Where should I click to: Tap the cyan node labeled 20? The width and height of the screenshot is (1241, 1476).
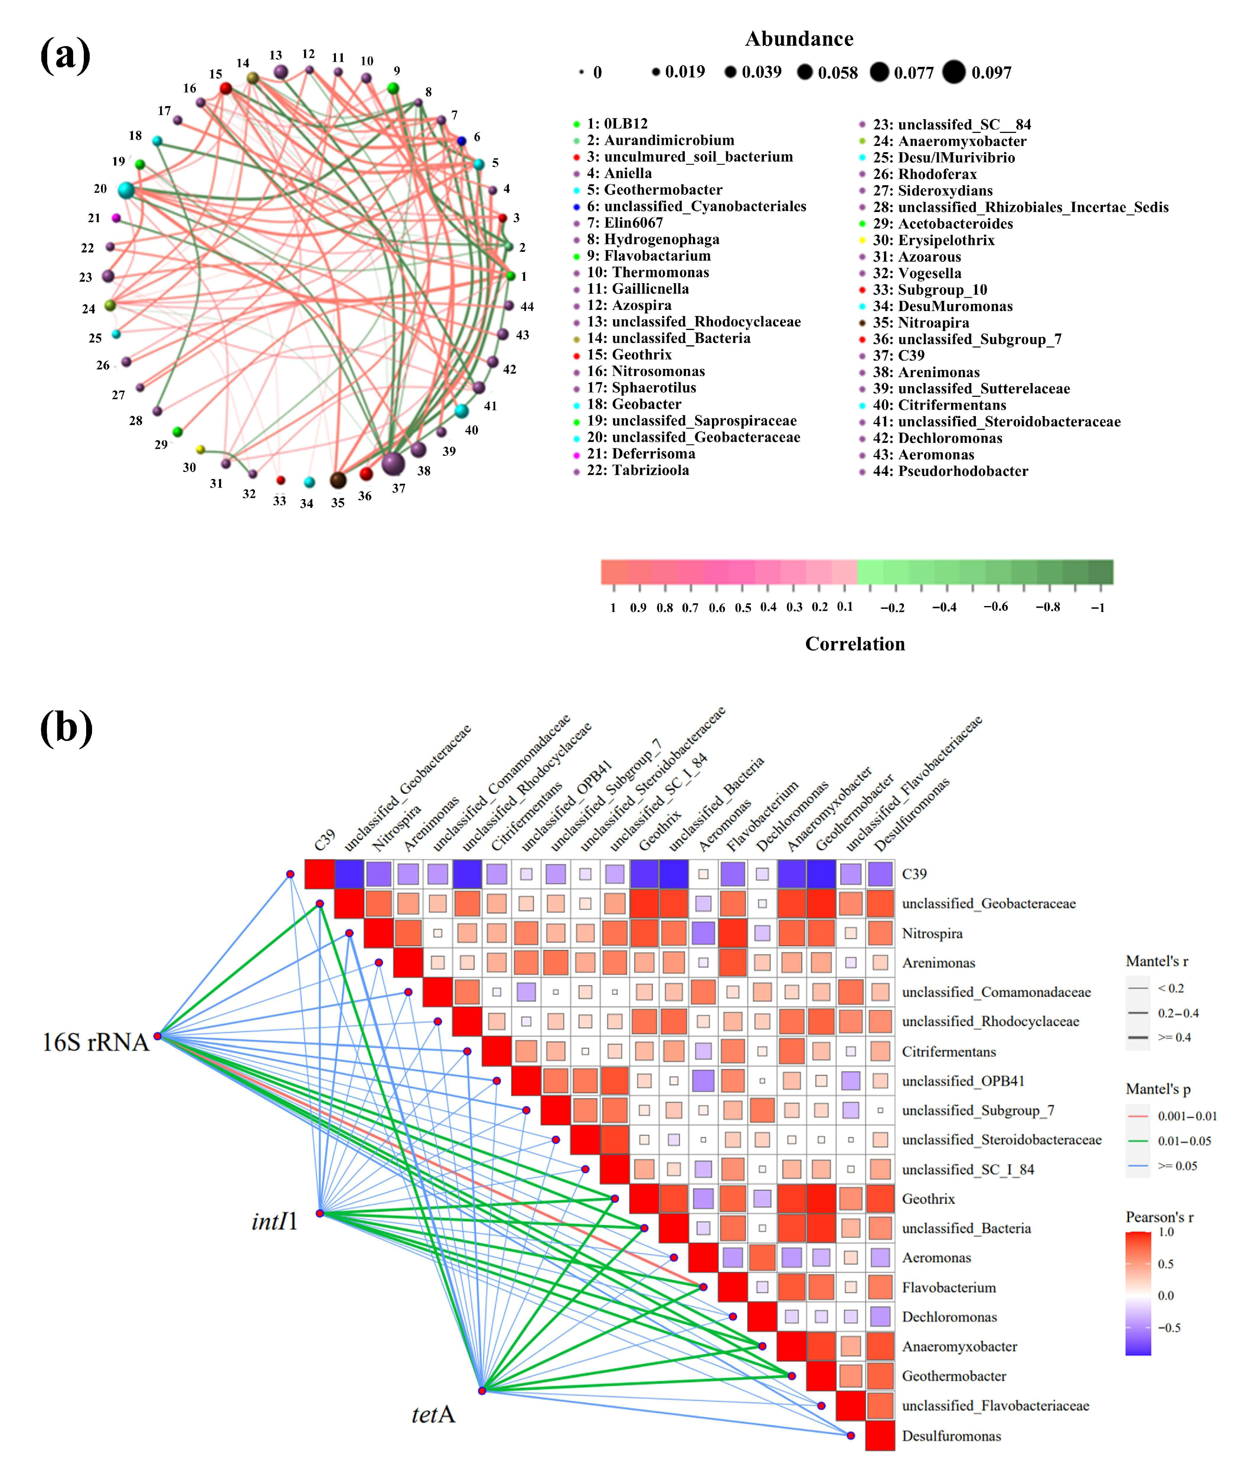click(x=126, y=190)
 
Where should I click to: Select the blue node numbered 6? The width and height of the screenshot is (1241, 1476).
click(x=461, y=142)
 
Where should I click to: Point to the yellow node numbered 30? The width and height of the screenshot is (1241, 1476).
click(x=201, y=449)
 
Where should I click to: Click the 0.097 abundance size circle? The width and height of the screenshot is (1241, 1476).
click(x=954, y=72)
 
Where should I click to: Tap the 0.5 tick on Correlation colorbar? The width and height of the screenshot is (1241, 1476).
click(x=743, y=607)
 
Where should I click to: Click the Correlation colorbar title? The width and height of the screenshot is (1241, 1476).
click(x=855, y=644)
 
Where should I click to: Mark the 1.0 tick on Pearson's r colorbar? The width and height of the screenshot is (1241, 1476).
click(x=1166, y=1232)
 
